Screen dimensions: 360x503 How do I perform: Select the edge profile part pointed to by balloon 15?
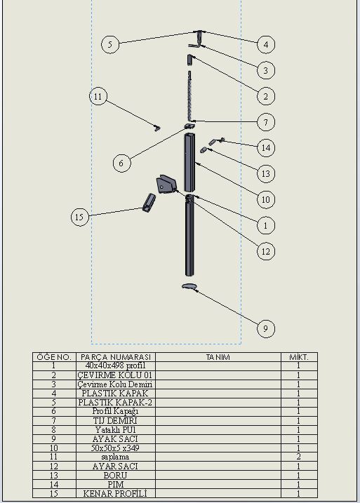click(x=149, y=203)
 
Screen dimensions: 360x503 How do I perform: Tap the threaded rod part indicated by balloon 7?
click(x=191, y=95)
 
